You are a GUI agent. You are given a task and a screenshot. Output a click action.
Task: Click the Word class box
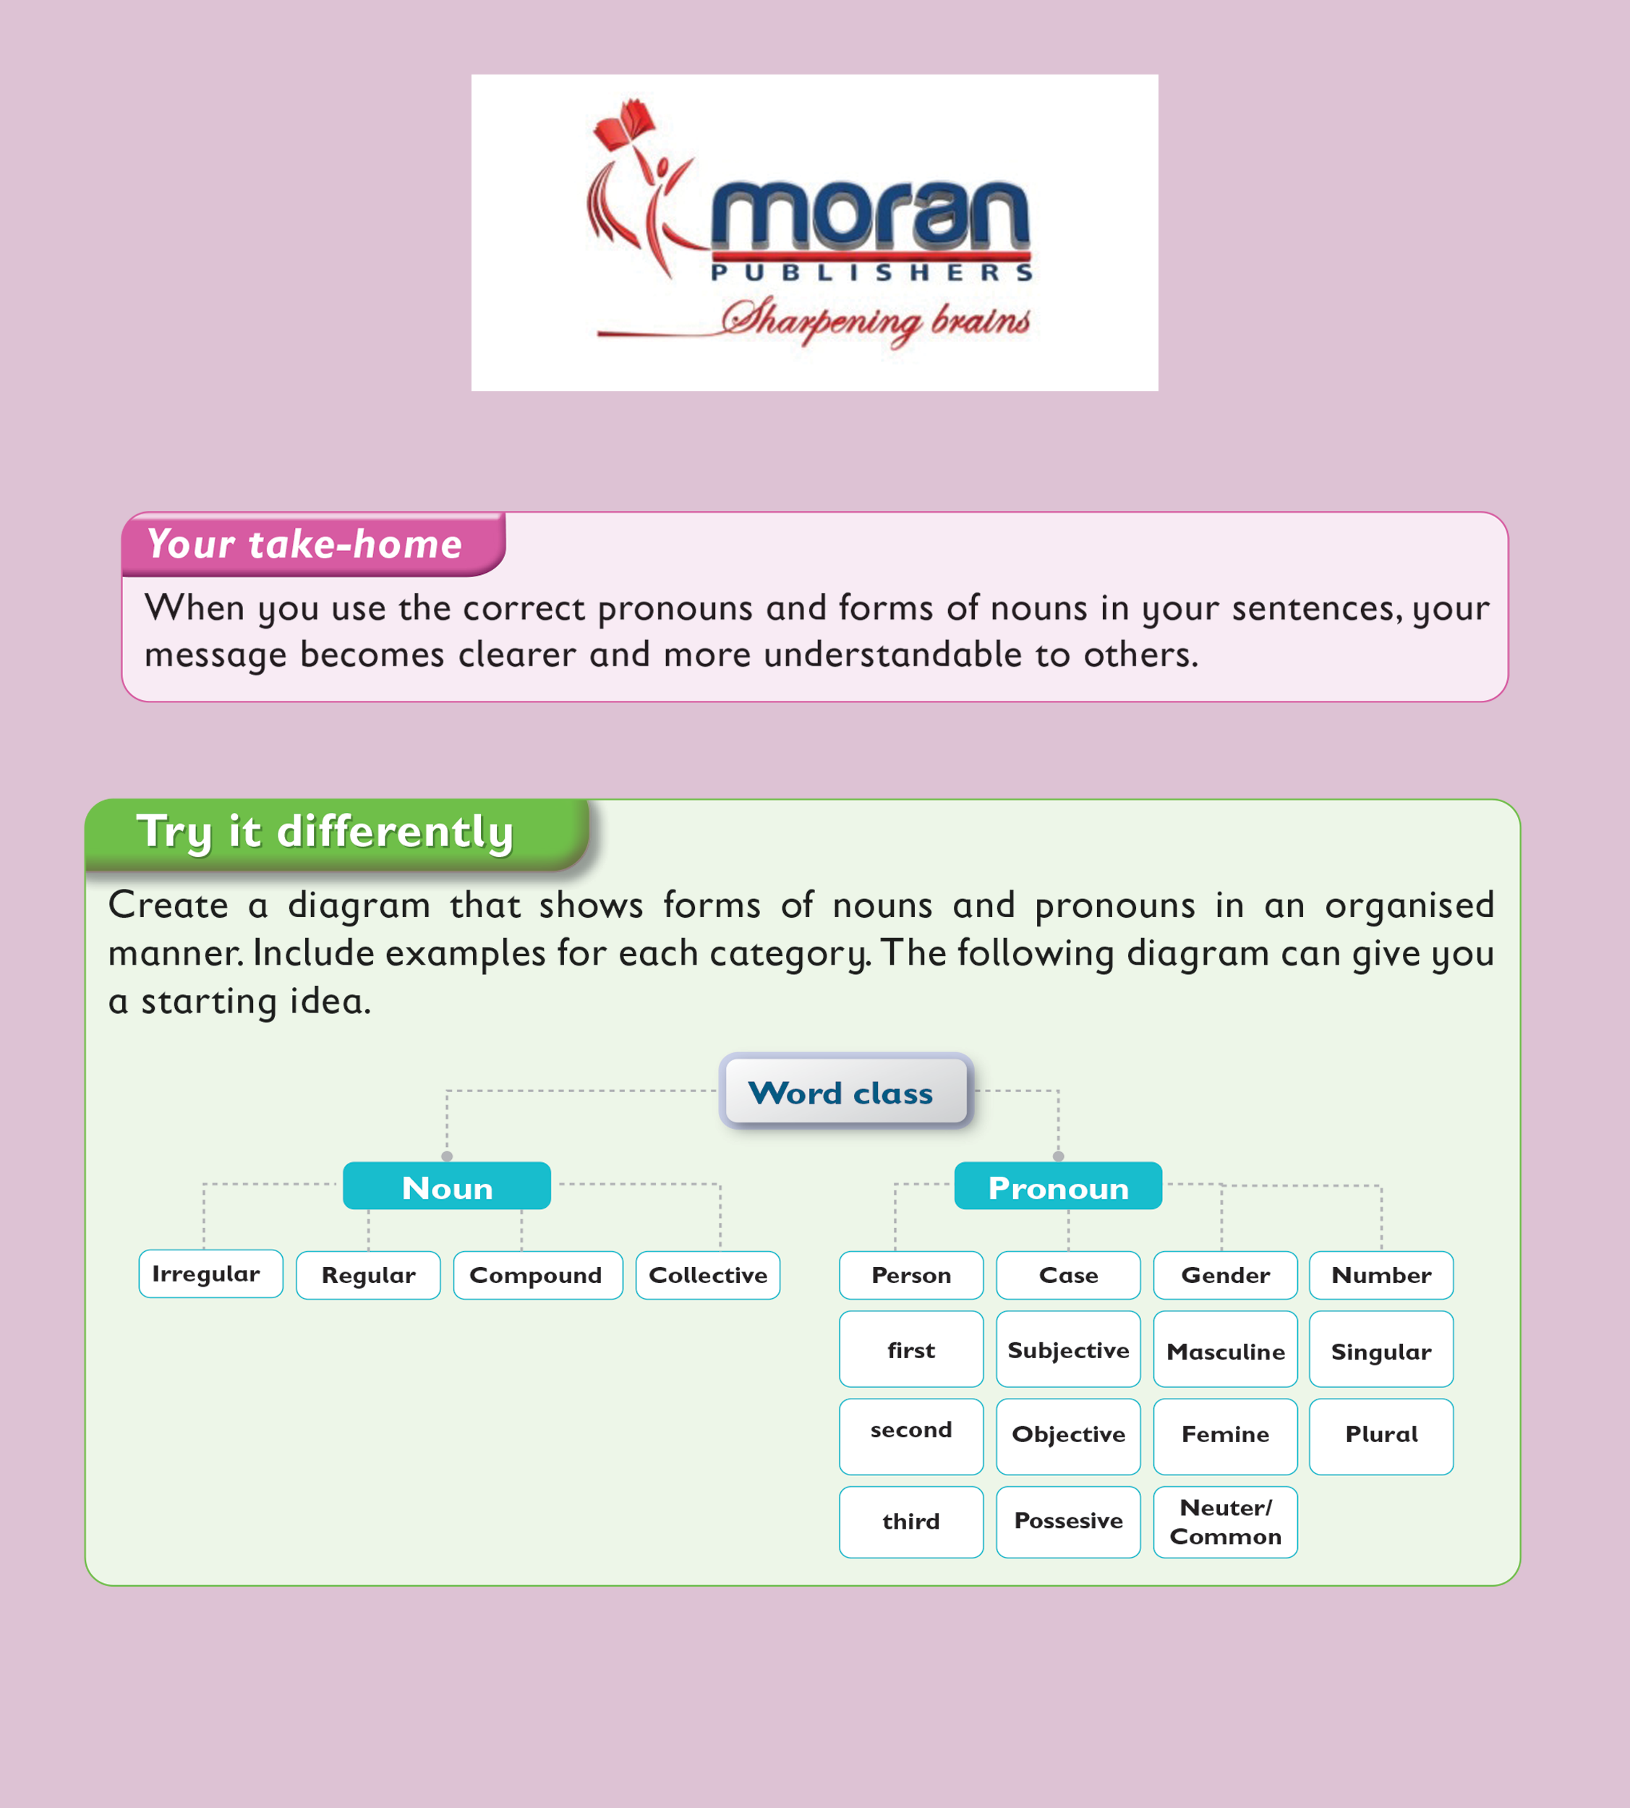pos(845,1091)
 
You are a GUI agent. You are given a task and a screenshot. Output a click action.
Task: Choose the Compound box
pos(537,1275)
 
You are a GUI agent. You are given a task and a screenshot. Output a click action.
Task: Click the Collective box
pos(707,1275)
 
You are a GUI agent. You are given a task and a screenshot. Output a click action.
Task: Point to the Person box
pos(911,1275)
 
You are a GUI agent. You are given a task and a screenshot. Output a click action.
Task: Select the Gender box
pos(1225,1275)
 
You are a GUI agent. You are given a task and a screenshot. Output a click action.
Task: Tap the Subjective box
pos(1068,1349)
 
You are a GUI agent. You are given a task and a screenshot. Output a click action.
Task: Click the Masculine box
pos(1225,1349)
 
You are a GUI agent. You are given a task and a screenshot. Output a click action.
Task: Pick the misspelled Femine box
pos(1225,1436)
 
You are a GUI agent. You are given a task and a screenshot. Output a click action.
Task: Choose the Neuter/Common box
pos(1225,1522)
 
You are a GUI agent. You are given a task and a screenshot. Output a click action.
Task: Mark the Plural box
pos(1381,1436)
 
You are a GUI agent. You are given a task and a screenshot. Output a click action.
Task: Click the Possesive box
pos(1068,1522)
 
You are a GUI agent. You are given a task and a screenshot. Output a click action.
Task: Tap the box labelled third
pos(911,1522)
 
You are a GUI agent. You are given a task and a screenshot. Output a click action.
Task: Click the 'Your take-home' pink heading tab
pos(313,545)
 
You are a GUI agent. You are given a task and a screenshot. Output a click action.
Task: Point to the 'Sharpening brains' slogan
pos(876,320)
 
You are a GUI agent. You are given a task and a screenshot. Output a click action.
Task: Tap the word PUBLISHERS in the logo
pos(872,272)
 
